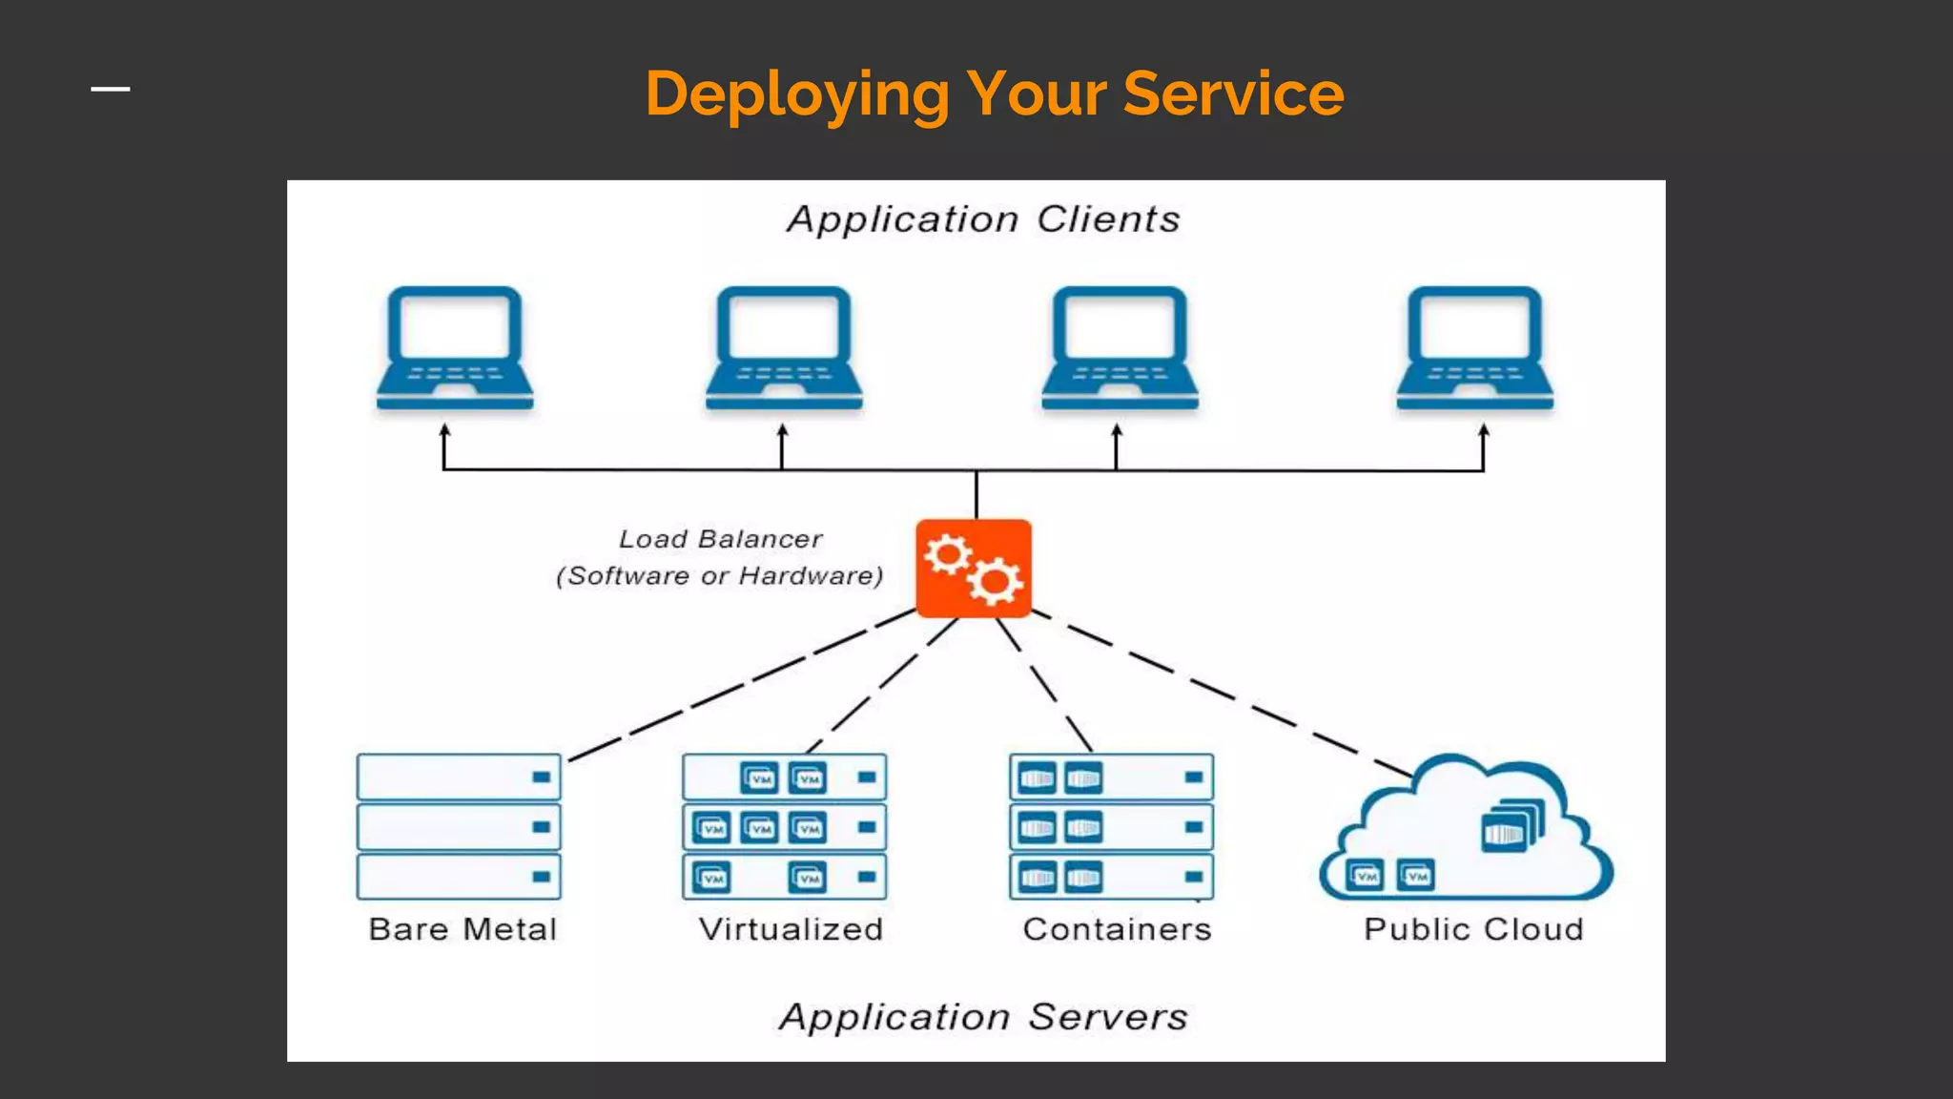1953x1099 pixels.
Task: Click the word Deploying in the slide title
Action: pos(796,94)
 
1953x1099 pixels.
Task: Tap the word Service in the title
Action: pos(1233,94)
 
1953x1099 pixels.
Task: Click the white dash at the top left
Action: pos(111,90)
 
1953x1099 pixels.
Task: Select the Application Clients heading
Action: pos(983,219)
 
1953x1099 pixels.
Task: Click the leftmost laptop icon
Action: pos(455,348)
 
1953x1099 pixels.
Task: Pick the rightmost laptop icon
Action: pos(1474,348)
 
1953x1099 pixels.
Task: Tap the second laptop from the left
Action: pos(784,348)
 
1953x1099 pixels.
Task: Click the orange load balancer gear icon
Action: pos(974,569)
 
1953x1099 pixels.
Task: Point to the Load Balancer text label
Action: pos(720,539)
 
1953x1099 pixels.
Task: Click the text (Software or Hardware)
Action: pos(720,576)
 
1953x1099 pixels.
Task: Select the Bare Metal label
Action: pos(463,929)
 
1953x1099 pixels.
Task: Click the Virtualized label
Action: pos(791,929)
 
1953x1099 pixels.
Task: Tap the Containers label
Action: pos(1117,929)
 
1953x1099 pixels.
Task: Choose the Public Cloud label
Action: pos(1473,929)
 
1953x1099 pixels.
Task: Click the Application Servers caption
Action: pos(983,1017)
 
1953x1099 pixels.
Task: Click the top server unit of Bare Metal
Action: pos(459,778)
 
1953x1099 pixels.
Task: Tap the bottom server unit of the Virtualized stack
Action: pos(784,877)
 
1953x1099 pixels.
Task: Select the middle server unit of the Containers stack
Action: pos(1111,827)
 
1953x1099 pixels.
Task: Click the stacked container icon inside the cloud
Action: pos(1511,826)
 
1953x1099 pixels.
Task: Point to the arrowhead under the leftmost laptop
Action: pos(444,431)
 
